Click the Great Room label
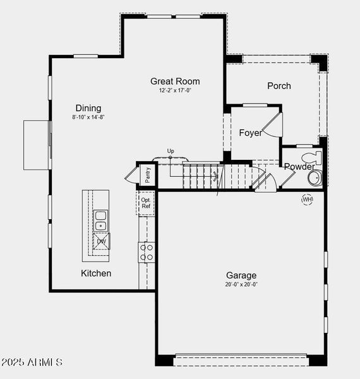[175, 81]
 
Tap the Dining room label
[88, 108]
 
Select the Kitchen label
[96, 274]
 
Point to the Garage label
[241, 275]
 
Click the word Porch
[279, 86]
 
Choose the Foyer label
[250, 133]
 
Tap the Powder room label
[299, 167]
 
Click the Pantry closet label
[148, 174]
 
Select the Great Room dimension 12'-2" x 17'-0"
[175, 90]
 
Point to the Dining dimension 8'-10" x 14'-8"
[88, 117]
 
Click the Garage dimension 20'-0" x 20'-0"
[241, 284]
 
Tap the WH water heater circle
[307, 200]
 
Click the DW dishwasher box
[101, 241]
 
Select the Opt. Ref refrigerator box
[146, 203]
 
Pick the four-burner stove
[147, 252]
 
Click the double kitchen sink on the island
[100, 220]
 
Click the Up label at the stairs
[171, 151]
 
